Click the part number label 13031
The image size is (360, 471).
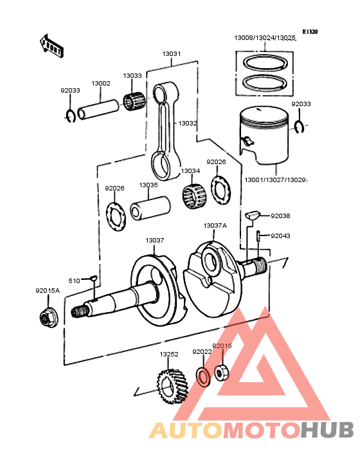(171, 55)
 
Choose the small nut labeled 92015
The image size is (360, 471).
(222, 373)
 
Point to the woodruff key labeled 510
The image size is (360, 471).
(93, 279)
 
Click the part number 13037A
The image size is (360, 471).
(215, 225)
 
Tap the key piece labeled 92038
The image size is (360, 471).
(253, 214)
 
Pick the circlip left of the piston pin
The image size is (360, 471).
(71, 115)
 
